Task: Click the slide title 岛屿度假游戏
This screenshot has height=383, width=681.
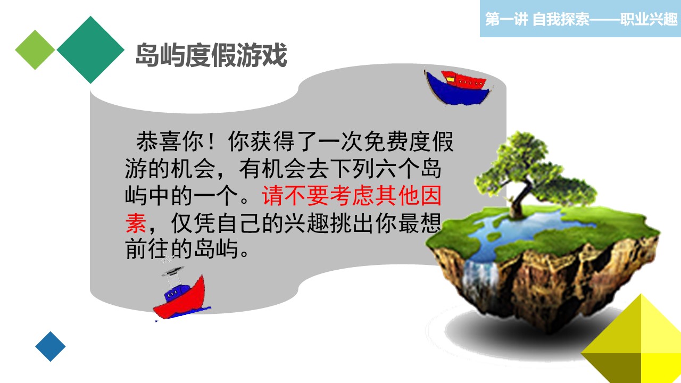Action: click(x=211, y=55)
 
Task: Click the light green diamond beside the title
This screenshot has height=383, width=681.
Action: click(x=35, y=50)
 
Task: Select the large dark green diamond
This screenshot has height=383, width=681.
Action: click(x=90, y=49)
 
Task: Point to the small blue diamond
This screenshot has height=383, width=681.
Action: click(x=51, y=346)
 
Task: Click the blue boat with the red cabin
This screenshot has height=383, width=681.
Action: click(x=459, y=88)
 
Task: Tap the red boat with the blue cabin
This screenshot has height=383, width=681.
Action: click(x=182, y=295)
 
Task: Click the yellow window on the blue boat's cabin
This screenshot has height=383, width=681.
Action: click(x=450, y=80)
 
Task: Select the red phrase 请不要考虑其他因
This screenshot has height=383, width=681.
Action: click(x=352, y=195)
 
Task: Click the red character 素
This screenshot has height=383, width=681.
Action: click(x=136, y=223)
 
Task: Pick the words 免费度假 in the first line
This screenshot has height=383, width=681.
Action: click(x=409, y=141)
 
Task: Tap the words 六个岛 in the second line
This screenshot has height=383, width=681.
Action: click(x=408, y=169)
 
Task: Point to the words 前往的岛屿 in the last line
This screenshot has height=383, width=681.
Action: click(x=181, y=249)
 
